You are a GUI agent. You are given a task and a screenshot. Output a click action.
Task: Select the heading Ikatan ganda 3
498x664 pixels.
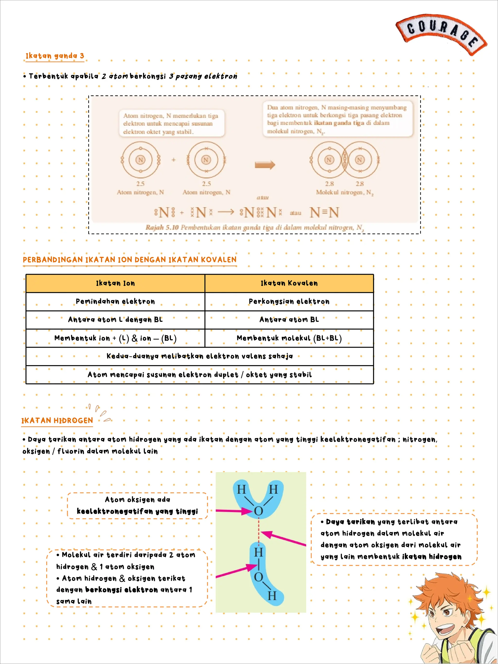(x=55, y=56)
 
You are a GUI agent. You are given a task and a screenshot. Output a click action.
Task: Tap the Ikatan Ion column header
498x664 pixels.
(x=115, y=283)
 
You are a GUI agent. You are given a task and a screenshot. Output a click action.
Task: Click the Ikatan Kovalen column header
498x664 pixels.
(x=289, y=283)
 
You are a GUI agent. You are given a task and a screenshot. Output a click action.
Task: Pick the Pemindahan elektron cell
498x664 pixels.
(x=115, y=301)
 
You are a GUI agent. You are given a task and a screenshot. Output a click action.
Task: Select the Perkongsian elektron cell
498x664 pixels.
(x=289, y=301)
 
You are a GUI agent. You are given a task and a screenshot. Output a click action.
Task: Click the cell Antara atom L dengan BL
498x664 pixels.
(x=115, y=320)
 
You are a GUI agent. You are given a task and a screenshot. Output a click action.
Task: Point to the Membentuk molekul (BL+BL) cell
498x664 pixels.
(x=289, y=338)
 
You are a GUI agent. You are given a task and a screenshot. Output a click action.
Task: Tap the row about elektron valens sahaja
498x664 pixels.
(x=200, y=356)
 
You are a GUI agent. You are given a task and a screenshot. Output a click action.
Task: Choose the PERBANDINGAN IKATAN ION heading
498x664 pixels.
(x=129, y=260)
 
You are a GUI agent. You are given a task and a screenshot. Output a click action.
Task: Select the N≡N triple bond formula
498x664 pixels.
(x=324, y=212)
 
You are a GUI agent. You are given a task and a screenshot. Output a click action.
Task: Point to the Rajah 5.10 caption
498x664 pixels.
(x=255, y=227)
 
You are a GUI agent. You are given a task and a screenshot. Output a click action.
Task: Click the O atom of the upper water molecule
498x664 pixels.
(x=258, y=511)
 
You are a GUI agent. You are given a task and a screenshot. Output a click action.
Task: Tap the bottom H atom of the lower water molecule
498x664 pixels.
(x=272, y=596)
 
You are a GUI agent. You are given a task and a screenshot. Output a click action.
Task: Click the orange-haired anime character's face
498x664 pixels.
(x=447, y=618)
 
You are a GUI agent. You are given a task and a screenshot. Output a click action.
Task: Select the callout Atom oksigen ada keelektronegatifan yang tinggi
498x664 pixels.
(x=137, y=505)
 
